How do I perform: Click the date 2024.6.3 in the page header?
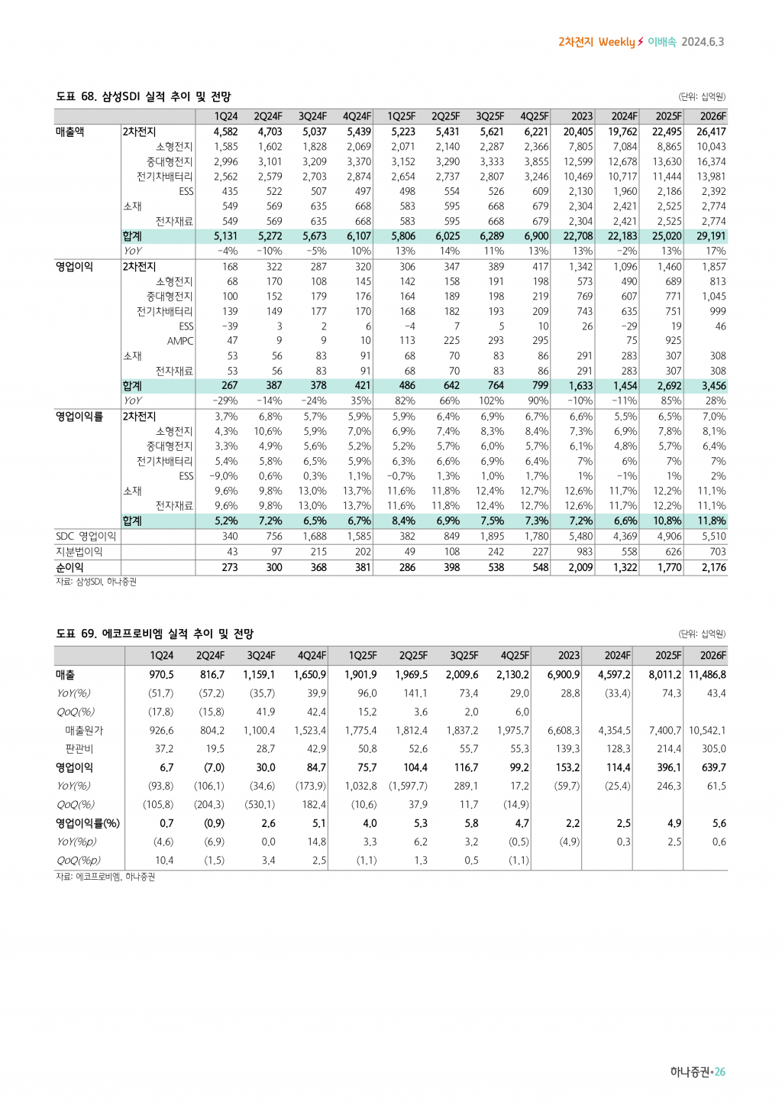point(703,42)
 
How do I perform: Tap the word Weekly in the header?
point(616,42)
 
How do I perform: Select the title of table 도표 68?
point(144,96)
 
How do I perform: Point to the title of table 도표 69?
point(155,634)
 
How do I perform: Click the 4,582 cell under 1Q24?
point(225,131)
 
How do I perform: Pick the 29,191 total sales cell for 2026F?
point(711,236)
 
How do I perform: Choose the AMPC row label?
point(180,341)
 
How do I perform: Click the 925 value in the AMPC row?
point(673,341)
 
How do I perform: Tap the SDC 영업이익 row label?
point(86,537)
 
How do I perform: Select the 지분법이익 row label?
point(79,552)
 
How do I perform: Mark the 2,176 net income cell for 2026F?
point(714,567)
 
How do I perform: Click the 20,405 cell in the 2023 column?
point(578,131)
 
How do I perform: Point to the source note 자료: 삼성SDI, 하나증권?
point(96,582)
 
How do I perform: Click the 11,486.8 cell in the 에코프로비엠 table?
point(707,675)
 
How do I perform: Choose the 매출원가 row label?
point(84,731)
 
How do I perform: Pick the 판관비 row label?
point(79,749)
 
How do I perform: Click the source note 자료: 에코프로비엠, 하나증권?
point(105,877)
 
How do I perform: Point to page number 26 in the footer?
point(720,1072)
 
